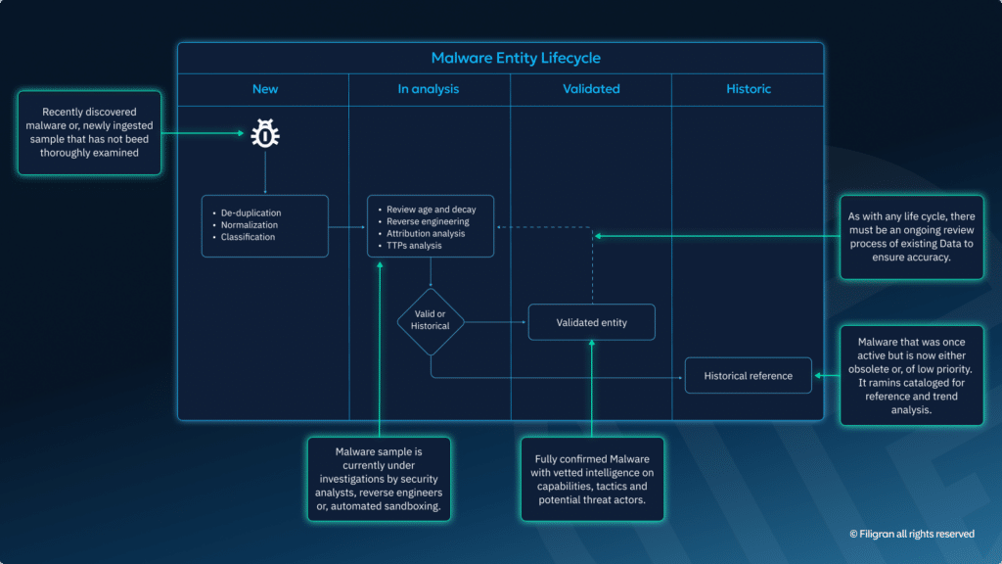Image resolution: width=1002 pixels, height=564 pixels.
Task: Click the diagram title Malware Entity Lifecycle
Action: [500, 58]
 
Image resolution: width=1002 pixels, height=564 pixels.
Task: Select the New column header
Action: [265, 89]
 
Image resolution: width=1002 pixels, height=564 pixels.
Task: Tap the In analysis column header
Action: [428, 89]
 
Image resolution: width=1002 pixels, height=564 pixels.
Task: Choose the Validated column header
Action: [591, 89]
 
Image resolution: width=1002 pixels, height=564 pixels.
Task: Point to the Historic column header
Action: [749, 89]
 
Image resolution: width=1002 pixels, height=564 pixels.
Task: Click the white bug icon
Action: [265, 133]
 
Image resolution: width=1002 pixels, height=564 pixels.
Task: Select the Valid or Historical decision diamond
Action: [431, 321]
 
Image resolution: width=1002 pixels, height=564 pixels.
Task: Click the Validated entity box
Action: [592, 322]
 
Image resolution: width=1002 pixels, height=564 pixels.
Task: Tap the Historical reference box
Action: [749, 376]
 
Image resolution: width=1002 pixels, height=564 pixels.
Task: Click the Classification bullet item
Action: [248, 237]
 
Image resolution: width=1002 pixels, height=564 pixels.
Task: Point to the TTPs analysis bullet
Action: [414, 246]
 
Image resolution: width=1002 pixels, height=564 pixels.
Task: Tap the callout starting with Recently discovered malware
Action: [89, 133]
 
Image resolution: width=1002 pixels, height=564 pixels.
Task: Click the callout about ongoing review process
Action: [911, 237]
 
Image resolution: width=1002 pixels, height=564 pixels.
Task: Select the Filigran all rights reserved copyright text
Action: [912, 534]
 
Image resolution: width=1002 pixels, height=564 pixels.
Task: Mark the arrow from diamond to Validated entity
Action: [495, 322]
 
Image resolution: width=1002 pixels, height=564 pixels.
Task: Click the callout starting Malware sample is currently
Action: [379, 480]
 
